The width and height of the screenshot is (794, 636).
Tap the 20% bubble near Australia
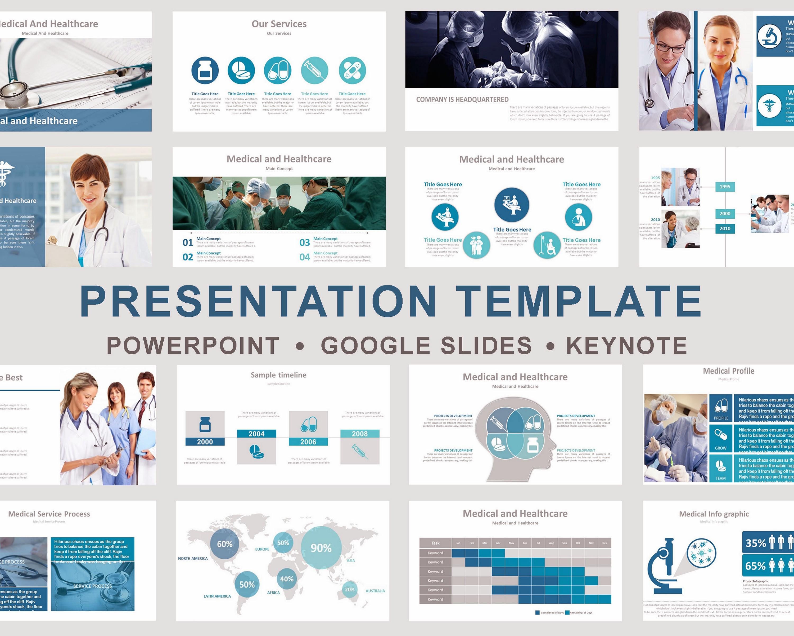coord(350,590)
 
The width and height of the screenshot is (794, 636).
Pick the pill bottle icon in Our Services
coord(205,70)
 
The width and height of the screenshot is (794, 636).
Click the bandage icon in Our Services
coord(352,70)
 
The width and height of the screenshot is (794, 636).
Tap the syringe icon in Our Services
coord(314,70)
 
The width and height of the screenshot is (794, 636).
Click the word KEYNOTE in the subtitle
coord(626,346)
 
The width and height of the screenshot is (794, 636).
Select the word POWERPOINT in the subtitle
coord(193,346)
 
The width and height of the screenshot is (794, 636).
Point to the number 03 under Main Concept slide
coord(305,242)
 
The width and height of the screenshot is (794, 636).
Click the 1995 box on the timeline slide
coord(725,187)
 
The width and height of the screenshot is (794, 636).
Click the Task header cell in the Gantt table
coord(435,543)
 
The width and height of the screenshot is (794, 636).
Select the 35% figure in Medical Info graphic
coord(756,543)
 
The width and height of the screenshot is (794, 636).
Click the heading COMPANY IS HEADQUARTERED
coord(462,100)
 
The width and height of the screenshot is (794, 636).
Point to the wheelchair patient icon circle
coord(547,245)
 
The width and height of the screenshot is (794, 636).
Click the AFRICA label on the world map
coord(273,593)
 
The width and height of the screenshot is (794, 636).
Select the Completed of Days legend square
coord(537,613)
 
